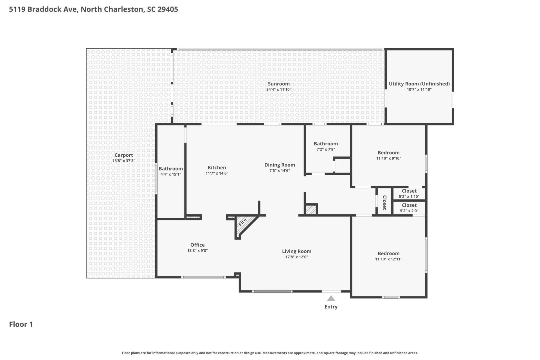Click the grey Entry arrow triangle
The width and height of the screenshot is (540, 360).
coord(331,298)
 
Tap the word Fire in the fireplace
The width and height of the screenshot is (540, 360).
coord(242,222)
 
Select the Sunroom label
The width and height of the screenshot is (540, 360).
coord(279,84)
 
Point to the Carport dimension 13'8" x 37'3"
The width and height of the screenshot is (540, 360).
coord(124,161)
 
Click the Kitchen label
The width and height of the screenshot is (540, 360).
coord(217,168)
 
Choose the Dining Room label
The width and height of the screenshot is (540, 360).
coord(280,165)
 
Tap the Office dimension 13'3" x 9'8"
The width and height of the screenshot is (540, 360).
coord(197,251)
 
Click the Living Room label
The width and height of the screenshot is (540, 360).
coord(297,251)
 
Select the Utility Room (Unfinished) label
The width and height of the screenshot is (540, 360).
coord(419,84)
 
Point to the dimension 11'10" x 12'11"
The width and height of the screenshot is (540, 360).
coord(389,259)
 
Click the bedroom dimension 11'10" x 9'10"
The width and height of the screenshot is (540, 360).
coord(389,158)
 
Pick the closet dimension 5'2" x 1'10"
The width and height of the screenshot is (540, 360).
coord(409,197)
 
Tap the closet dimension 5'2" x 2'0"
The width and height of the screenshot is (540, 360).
coord(409,211)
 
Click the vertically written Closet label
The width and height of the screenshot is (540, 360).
coord(384,203)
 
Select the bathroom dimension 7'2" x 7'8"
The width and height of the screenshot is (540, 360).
coord(326,149)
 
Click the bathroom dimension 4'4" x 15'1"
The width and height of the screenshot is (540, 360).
coord(171,174)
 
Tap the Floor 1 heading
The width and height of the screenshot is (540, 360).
coord(21,324)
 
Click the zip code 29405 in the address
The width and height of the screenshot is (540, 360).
coord(168,9)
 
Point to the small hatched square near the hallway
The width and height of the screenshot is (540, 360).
coord(311,210)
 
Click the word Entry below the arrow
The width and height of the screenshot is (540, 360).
coord(331,307)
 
